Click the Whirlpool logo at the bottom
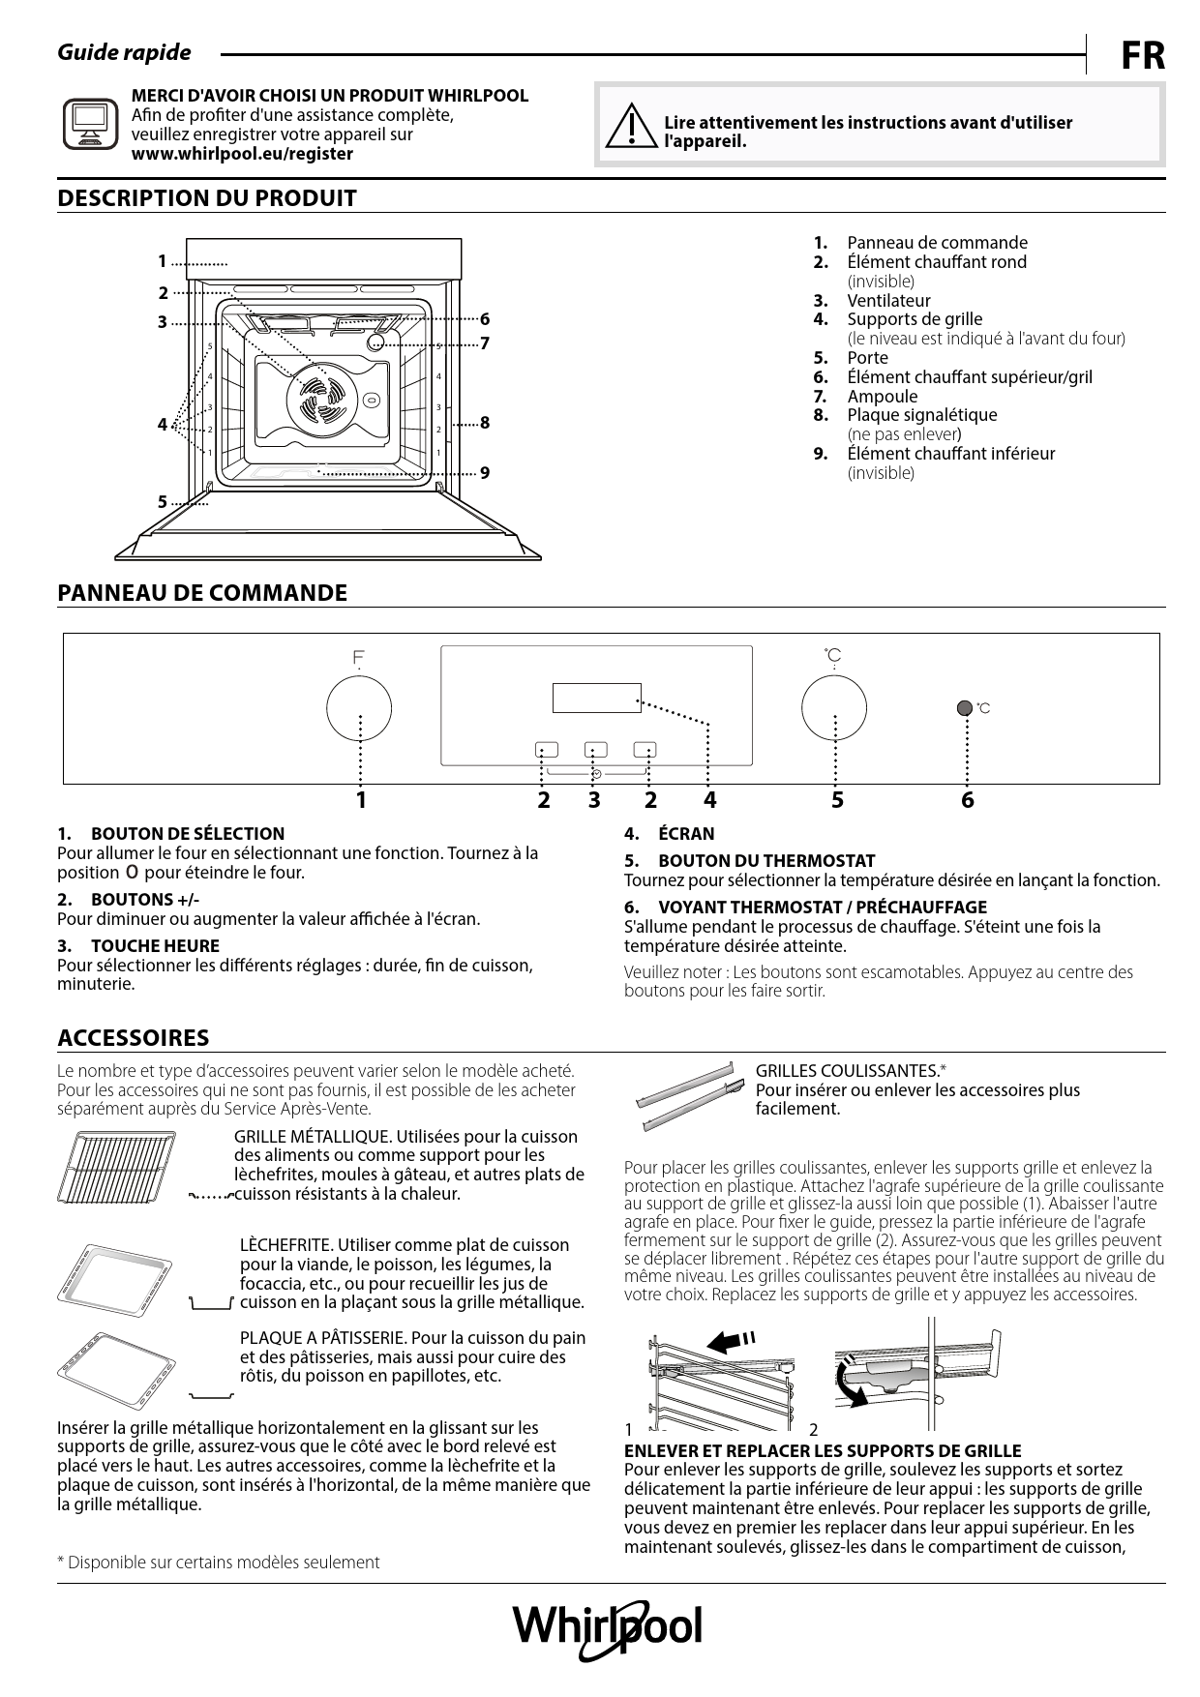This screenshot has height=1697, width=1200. tap(607, 1628)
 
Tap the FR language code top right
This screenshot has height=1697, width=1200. tap(1143, 57)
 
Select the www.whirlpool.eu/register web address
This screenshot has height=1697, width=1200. tap(242, 154)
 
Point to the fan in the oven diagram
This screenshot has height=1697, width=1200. tap(320, 398)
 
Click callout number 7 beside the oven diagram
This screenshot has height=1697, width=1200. tap(485, 343)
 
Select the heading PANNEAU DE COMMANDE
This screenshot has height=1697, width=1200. tap(202, 593)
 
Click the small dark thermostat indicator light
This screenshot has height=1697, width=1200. tap(964, 708)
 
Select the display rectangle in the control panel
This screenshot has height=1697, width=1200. tap(596, 697)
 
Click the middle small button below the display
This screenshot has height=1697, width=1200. tap(595, 749)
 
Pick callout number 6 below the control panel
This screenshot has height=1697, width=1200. tap(967, 800)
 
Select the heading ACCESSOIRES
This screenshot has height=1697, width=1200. tap(134, 1038)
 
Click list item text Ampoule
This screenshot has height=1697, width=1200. tap(882, 396)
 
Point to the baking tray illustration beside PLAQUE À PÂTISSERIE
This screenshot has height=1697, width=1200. tap(114, 1370)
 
